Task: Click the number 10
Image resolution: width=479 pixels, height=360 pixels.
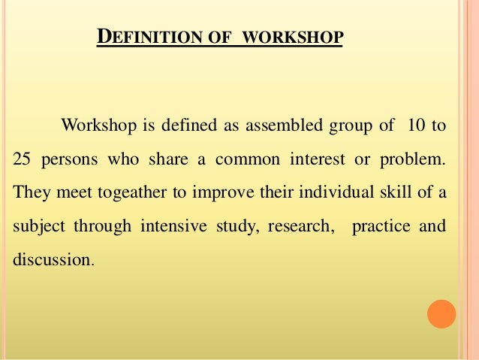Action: point(414,126)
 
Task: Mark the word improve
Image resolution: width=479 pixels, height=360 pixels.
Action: point(219,192)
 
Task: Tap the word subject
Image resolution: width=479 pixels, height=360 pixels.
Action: point(36,226)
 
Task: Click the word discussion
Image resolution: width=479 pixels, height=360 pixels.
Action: point(53,260)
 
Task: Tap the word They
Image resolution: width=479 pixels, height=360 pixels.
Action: point(29,192)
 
